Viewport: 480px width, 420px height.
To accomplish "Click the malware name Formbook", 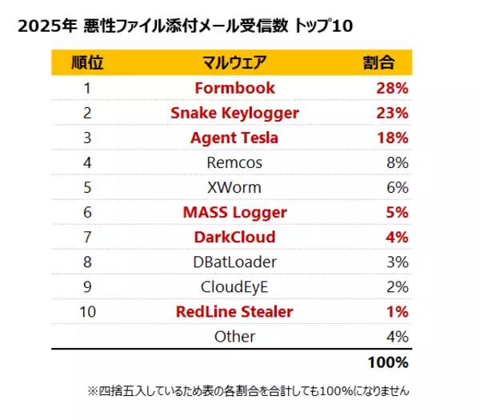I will [234, 88].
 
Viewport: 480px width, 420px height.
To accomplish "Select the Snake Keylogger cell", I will [234, 113].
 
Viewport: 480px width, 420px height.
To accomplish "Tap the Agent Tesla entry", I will [234, 138].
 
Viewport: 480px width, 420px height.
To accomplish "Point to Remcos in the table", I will [234, 162].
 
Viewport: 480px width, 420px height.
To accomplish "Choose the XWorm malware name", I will [234, 187].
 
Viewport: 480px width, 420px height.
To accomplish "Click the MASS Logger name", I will [234, 212].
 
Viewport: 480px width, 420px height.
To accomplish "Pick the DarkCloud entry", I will [234, 237].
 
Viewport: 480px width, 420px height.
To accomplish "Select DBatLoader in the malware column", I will [234, 262].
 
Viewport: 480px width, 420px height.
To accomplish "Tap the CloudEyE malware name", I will [234, 286].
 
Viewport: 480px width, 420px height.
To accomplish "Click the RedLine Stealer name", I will [234, 311].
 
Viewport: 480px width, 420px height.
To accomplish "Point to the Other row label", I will [234, 336].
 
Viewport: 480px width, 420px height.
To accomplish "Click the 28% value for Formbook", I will [392, 88].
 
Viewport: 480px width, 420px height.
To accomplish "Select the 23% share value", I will [392, 113].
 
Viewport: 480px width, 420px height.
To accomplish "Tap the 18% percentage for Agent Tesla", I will [392, 138].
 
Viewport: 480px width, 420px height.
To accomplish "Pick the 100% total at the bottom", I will [388, 362].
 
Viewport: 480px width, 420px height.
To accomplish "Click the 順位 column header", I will [87, 62].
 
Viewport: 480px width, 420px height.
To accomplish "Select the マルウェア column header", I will [234, 62].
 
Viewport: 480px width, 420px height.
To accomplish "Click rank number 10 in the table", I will [87, 311].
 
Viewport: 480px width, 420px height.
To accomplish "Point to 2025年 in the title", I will [40, 26].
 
